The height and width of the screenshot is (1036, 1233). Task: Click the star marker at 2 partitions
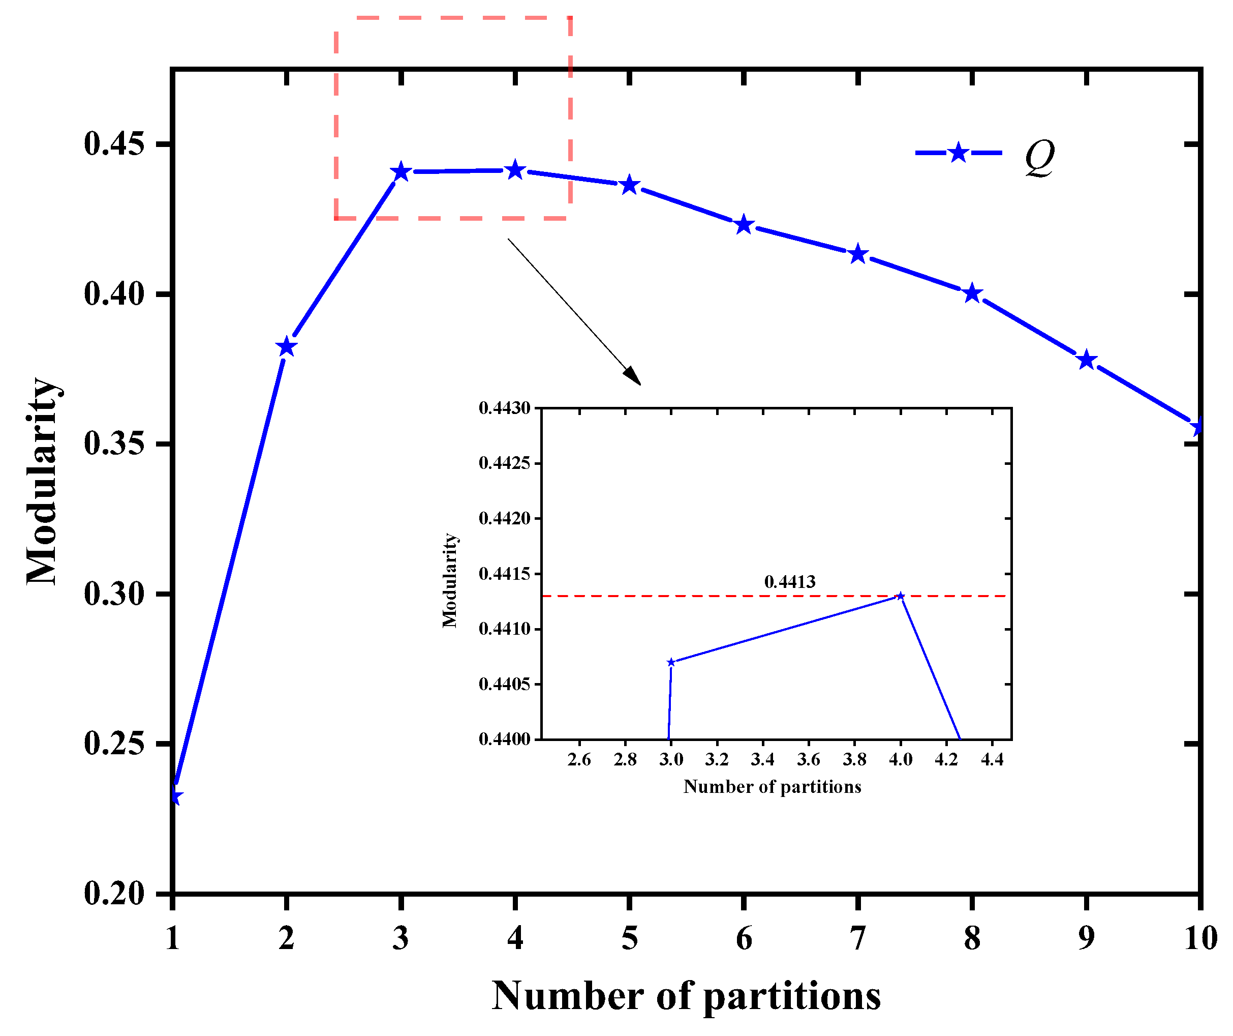(286, 347)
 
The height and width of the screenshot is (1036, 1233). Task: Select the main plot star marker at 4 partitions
(515, 170)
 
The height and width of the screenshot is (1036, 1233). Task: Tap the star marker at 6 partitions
(744, 224)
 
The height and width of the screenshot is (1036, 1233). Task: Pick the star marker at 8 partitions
(972, 293)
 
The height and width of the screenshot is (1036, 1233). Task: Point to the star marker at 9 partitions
(1087, 360)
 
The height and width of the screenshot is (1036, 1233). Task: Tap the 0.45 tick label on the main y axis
(114, 144)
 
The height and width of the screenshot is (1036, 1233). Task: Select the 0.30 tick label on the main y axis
(114, 594)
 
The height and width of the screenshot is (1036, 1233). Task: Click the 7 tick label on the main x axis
(858, 938)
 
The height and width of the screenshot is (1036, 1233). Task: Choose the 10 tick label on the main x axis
(1200, 938)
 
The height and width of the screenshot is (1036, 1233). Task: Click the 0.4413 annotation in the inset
(790, 582)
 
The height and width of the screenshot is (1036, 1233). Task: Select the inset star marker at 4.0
(901, 596)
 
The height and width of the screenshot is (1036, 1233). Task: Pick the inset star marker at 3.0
(671, 662)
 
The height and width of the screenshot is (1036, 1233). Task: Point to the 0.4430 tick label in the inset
(504, 408)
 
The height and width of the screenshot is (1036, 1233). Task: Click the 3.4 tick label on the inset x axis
(763, 760)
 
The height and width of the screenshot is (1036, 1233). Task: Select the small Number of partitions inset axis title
(772, 787)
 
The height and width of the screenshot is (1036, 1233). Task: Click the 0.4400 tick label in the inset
(504, 739)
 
